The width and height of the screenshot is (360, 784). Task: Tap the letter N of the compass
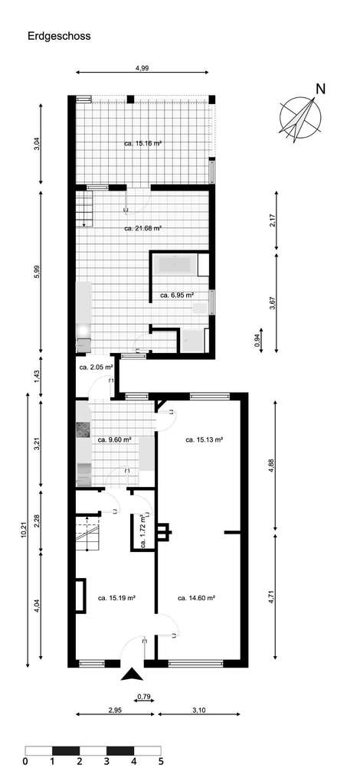320,88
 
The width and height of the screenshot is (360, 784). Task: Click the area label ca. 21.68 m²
143,228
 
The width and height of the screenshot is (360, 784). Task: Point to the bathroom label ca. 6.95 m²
177,295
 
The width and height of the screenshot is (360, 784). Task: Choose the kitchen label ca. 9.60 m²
114,440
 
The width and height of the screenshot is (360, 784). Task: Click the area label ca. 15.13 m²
205,440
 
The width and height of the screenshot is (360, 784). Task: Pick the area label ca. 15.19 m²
117,598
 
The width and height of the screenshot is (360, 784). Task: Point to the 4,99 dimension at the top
142,68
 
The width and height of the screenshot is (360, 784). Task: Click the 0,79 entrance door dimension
143,696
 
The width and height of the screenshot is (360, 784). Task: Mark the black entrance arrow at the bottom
132,675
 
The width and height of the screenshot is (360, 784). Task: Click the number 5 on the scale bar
161,763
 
